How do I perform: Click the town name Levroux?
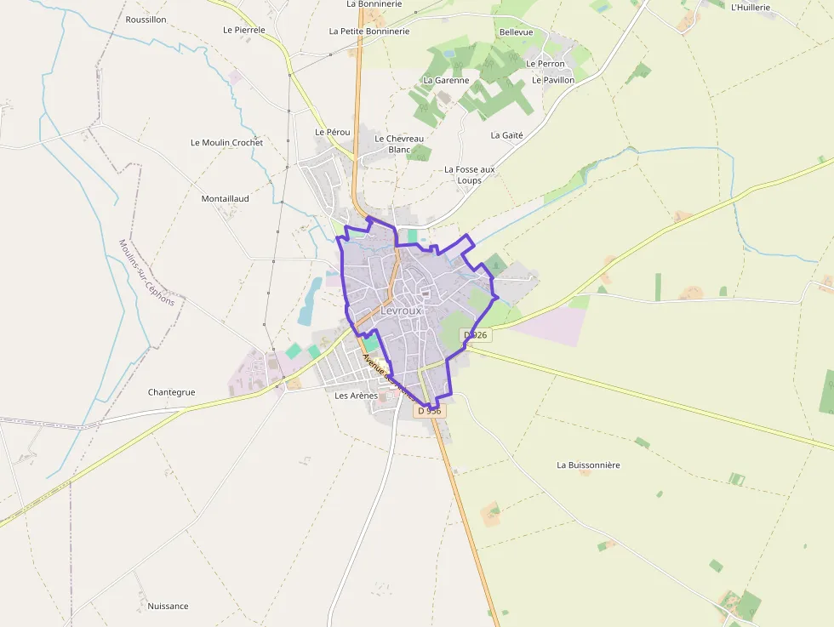tap(401, 311)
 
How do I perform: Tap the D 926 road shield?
tap(477, 335)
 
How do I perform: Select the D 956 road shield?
tap(431, 410)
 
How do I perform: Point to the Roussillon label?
tap(146, 19)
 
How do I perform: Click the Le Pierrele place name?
tap(244, 29)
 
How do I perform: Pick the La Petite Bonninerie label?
tap(369, 31)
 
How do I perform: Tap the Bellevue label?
tap(516, 32)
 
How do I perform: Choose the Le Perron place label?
tap(545, 64)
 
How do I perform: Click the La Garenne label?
tap(446, 80)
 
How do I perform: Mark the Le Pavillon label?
tap(553, 80)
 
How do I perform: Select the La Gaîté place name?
tap(506, 135)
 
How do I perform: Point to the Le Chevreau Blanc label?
tap(399, 144)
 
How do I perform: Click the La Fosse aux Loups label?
tap(469, 174)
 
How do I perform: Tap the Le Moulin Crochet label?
tap(226, 142)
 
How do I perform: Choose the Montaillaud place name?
tap(225, 198)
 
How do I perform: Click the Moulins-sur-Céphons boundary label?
tap(146, 272)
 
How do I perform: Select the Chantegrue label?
tap(171, 392)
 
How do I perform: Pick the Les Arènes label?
tap(356, 396)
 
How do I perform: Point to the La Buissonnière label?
tap(588, 465)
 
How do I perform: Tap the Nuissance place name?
tap(168, 606)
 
